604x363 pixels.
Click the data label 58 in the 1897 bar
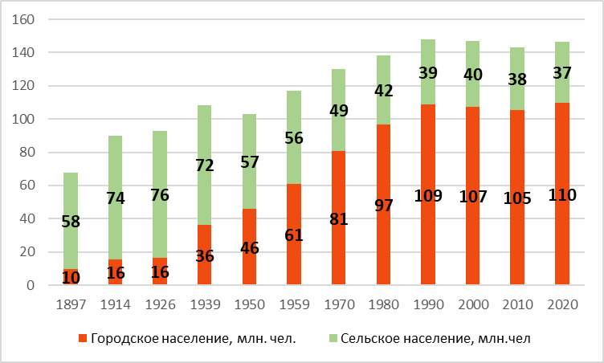coord(71,221)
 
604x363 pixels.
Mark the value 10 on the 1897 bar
coord(71,277)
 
